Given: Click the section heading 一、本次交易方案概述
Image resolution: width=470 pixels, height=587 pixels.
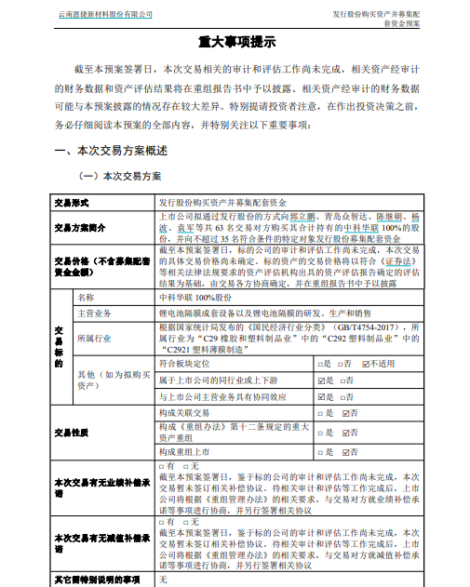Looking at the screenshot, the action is (x=112, y=150).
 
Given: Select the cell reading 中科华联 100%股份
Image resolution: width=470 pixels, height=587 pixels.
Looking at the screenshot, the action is (x=196, y=298).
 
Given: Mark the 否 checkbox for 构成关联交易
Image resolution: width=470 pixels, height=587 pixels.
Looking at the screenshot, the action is (x=345, y=412).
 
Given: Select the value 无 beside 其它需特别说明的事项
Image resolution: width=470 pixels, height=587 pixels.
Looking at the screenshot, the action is (x=163, y=579).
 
